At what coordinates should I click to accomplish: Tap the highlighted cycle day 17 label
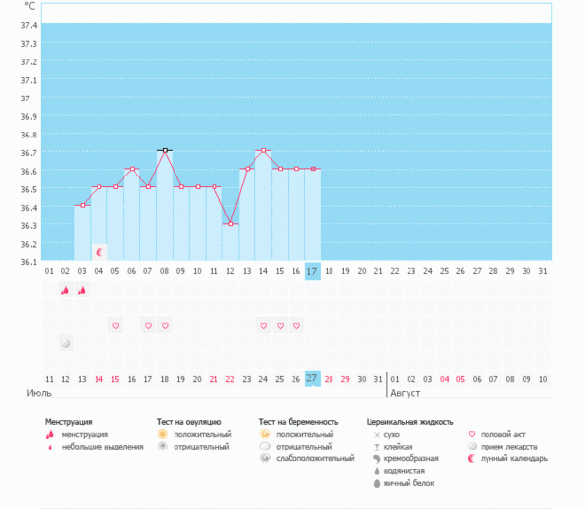(x=312, y=270)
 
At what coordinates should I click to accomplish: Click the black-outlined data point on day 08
(x=165, y=150)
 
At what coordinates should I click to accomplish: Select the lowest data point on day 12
(x=231, y=223)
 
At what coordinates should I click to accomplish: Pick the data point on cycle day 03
(x=83, y=205)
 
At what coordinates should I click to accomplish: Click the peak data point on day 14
(x=263, y=150)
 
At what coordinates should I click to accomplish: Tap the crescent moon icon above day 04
(x=99, y=252)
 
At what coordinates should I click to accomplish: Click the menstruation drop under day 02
(x=65, y=290)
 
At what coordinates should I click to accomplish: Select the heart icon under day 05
(x=115, y=325)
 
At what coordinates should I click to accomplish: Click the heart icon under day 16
(x=296, y=325)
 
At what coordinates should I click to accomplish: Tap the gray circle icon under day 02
(x=65, y=343)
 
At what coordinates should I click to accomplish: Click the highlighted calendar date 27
(x=312, y=378)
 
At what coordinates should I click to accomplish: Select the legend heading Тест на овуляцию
(x=195, y=422)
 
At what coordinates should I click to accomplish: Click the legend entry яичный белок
(x=409, y=483)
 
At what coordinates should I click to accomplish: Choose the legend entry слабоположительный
(x=316, y=458)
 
